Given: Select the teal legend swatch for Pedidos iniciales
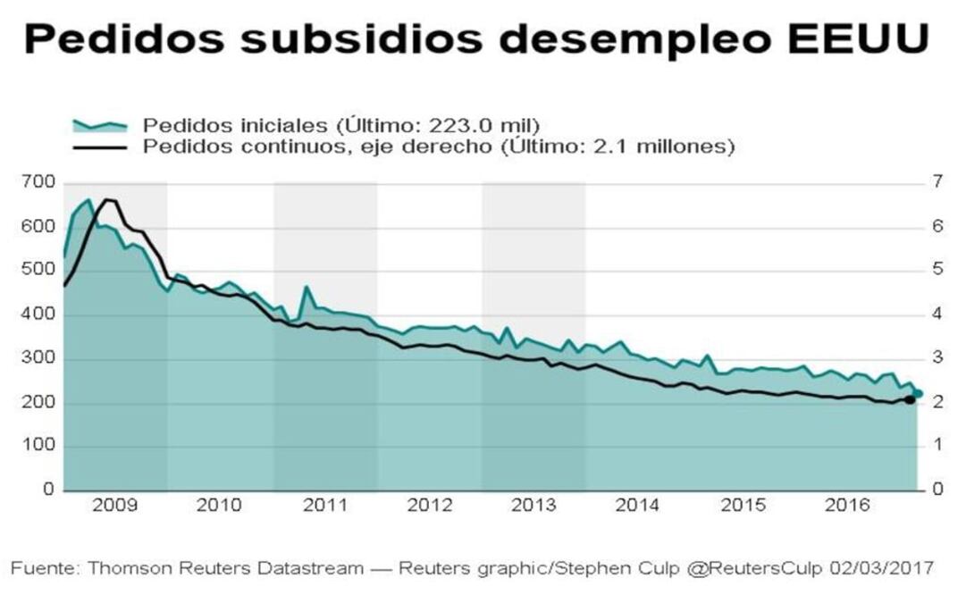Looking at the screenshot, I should point(99,124).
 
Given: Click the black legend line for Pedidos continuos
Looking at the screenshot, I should point(99,146).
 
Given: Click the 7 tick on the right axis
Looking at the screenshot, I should point(937,183).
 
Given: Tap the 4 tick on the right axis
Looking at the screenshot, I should point(937,314).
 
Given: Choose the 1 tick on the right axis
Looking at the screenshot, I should point(937,446).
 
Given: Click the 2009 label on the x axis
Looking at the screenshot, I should point(114,506).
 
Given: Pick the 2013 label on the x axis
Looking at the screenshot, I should point(533,506).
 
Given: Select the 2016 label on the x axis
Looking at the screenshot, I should point(847,506).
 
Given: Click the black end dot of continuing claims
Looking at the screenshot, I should point(909,399).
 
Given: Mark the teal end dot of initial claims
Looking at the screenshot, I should point(919,393).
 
